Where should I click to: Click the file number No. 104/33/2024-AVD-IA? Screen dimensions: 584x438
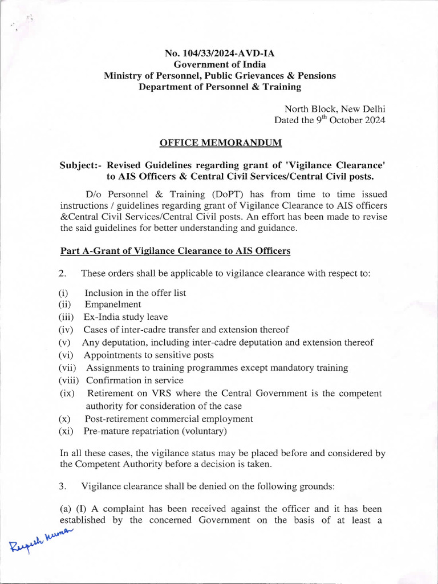coord(220,54)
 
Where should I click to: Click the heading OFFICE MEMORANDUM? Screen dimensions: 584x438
coord(220,142)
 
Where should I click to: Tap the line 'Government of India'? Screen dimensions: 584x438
coord(220,64)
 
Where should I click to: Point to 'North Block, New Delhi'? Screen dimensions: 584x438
coord(335,109)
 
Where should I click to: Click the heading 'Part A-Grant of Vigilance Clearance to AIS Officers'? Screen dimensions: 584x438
coord(175,250)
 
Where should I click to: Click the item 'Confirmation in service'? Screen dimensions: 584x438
coord(135,380)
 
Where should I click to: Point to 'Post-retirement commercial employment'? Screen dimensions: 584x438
coord(169,419)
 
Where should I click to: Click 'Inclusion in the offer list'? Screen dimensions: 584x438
coord(135,293)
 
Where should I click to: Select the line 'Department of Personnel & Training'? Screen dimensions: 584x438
coord(220,87)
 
